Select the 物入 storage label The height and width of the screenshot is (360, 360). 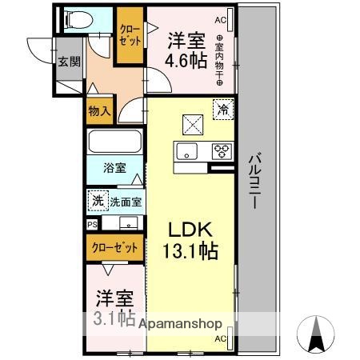(99, 112)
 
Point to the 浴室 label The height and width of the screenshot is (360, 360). (114, 169)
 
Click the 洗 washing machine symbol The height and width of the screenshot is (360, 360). (98, 200)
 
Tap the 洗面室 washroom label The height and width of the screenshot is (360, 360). (125, 201)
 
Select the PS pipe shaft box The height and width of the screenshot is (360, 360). (93, 225)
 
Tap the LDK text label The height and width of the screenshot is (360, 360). (190, 230)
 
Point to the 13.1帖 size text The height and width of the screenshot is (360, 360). (191, 251)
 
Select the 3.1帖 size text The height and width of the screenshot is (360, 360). (114, 318)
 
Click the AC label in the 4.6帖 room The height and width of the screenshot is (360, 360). (220, 19)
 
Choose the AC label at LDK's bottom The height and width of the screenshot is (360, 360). (219, 340)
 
